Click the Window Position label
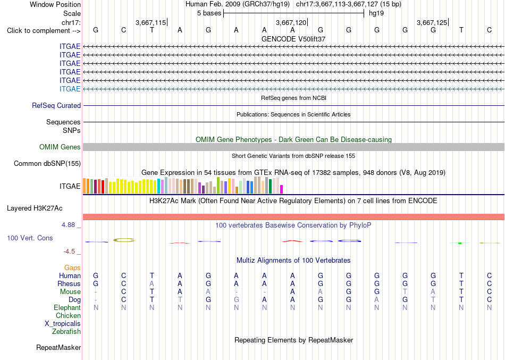[55, 4]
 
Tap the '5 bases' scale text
[209, 13]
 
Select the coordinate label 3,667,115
[151, 22]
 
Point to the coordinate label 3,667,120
[291, 22]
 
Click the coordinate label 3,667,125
[432, 22]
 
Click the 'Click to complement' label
[44, 31]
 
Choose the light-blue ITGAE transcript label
[70, 89]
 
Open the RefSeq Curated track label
[56, 105]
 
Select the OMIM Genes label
[60, 147]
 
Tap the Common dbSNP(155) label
[47, 163]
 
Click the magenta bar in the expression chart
[282, 189]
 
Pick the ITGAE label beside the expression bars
[70, 186]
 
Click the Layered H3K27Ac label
[35, 208]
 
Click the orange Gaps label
[72, 268]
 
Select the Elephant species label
[67, 308]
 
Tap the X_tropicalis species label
[63, 324]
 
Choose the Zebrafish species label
[66, 331]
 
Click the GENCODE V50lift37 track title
[293, 39]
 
